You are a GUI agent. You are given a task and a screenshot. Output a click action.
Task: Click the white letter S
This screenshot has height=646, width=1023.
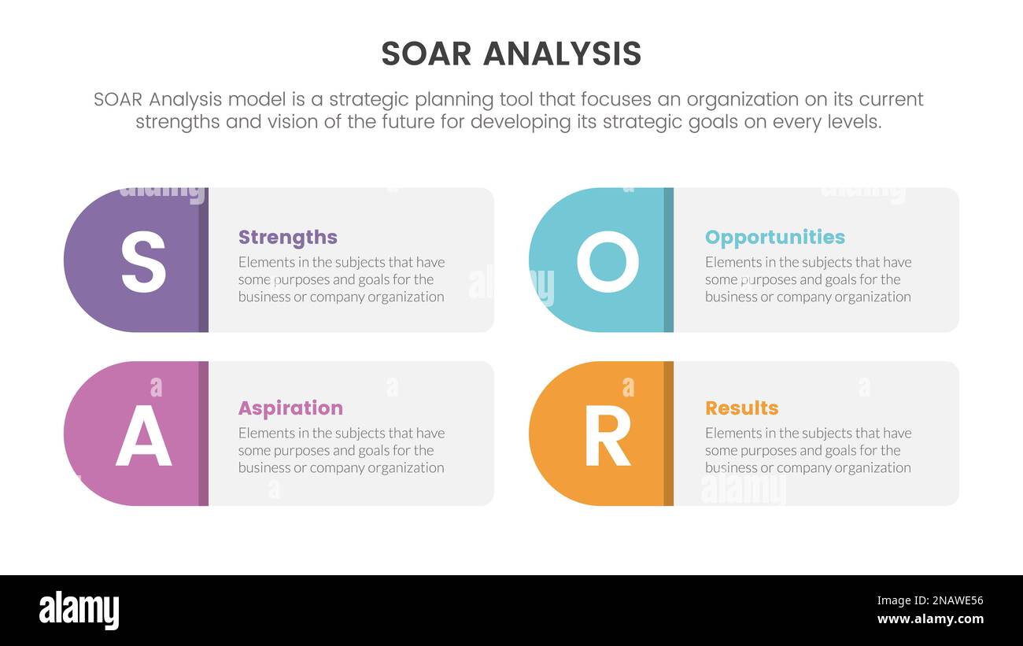[143, 264]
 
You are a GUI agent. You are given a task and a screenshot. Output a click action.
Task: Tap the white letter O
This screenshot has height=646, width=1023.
[608, 264]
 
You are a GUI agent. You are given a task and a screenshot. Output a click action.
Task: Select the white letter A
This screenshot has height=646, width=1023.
[143, 437]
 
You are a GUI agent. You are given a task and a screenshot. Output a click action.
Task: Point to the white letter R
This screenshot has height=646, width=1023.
[608, 437]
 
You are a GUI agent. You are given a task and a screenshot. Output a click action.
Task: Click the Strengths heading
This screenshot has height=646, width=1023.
[287, 237]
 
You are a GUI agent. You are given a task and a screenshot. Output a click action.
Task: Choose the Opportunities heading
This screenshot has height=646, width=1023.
[774, 237]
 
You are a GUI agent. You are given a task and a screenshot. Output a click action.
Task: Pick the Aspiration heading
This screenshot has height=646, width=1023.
[290, 408]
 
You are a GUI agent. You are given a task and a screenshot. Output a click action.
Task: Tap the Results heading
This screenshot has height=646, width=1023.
[741, 408]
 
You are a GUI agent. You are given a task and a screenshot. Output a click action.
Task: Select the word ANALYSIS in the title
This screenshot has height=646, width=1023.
[562, 54]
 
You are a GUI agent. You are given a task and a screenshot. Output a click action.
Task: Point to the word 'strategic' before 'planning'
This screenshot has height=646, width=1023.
[368, 100]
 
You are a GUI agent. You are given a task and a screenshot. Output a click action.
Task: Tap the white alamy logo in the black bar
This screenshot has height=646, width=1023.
[79, 611]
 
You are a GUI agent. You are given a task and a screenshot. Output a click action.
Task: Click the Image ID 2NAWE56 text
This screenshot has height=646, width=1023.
[929, 600]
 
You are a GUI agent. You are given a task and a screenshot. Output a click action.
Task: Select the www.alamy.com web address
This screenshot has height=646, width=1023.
[929, 619]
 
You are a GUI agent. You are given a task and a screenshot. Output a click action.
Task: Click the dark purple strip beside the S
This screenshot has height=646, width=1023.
[203, 260]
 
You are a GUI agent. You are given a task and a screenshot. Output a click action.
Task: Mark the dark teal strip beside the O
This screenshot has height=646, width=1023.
[668, 260]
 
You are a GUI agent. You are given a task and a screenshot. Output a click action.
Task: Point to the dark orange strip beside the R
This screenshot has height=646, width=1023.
[668, 434]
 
